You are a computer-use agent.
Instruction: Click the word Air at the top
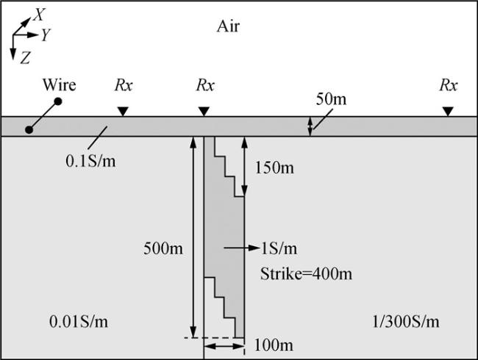pos(228,27)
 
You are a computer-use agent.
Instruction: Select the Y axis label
pos(45,35)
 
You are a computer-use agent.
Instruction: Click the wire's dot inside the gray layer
pos(29,130)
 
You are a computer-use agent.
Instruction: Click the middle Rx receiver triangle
pos(205,111)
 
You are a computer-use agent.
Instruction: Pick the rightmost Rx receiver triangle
pos(448,111)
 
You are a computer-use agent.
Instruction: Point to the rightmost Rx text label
pos(448,85)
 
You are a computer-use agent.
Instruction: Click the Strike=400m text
pos(306,274)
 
